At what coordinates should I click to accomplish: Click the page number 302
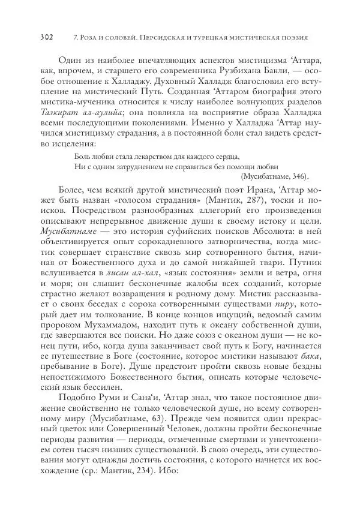click(x=47, y=37)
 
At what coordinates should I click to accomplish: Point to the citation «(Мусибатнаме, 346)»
click(x=274, y=176)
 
